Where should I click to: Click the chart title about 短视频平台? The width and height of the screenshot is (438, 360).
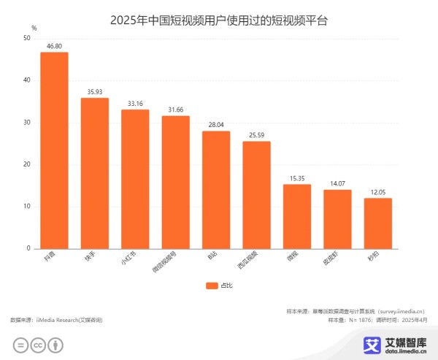pos(219,20)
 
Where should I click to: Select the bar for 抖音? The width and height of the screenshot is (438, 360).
pos(54,150)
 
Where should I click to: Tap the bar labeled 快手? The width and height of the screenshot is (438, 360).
pos(95,173)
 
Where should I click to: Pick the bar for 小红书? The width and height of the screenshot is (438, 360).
pos(135,179)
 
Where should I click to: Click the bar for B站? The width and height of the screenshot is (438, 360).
pos(216,190)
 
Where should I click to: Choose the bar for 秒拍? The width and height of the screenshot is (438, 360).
pos(377,223)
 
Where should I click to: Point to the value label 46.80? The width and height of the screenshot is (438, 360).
pos(54,45)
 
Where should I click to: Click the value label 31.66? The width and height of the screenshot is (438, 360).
pos(175,110)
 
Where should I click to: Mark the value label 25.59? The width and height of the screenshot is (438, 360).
pos(256,134)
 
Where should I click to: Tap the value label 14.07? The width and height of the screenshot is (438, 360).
pos(337,183)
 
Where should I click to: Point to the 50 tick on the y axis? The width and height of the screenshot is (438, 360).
pos(27,38)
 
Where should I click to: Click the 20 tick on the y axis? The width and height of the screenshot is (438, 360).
pos(27,164)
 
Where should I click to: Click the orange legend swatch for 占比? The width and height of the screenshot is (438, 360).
pos(212,286)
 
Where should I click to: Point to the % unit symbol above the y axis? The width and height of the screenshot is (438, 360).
pos(34,27)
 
